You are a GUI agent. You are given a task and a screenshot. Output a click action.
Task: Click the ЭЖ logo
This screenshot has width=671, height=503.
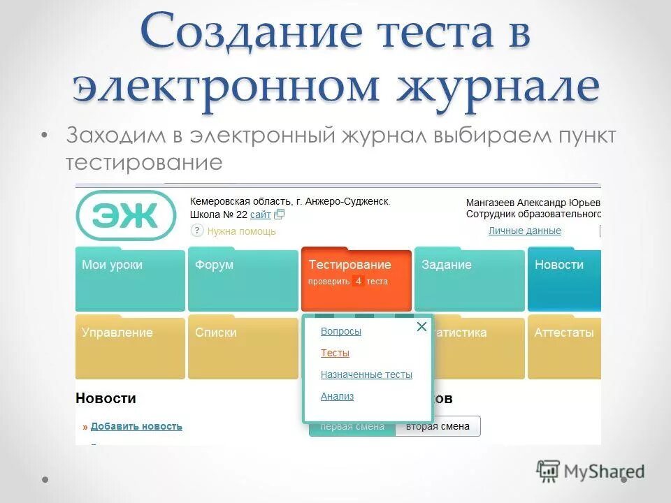point(126,216)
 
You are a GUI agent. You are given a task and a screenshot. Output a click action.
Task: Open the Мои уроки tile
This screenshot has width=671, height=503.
point(130,279)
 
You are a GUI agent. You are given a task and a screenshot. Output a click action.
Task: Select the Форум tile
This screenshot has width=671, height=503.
point(243,279)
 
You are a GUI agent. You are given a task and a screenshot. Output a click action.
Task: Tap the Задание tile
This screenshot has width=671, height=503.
point(469,279)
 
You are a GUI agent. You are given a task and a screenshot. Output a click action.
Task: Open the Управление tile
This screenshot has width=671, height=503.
point(130,347)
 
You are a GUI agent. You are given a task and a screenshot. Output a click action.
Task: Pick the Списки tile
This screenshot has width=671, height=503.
point(243,347)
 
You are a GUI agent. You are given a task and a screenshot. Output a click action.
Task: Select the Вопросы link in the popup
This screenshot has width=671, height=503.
point(341,332)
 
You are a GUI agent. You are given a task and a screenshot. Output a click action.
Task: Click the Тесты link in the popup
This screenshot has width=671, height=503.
point(335,353)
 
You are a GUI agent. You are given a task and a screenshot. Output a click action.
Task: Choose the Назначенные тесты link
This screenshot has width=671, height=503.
point(366,375)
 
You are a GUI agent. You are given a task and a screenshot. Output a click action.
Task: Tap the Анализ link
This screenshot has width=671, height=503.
point(337,397)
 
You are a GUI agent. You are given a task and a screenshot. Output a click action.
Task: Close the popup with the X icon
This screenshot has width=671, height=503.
point(421,327)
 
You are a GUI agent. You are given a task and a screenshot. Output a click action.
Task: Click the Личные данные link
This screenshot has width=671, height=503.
point(524,231)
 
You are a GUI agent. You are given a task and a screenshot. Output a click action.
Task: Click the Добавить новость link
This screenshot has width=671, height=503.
point(136,426)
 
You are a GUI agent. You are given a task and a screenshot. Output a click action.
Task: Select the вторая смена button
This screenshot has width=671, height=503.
point(438,427)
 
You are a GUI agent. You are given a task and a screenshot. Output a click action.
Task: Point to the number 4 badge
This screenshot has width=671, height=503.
point(358,282)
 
